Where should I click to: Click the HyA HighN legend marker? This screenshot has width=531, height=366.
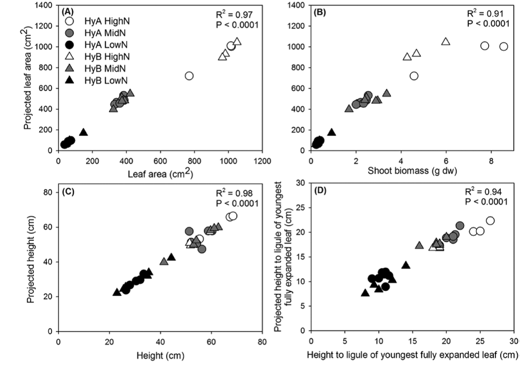pyautogui.click(x=74, y=22)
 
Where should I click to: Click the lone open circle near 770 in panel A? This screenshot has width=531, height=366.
pyautogui.click(x=189, y=76)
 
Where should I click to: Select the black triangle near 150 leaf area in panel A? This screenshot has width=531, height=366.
pyautogui.click(x=83, y=132)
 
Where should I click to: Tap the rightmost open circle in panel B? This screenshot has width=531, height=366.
pyautogui.click(x=504, y=46)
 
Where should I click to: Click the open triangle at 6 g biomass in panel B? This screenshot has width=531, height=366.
pyautogui.click(x=446, y=42)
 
